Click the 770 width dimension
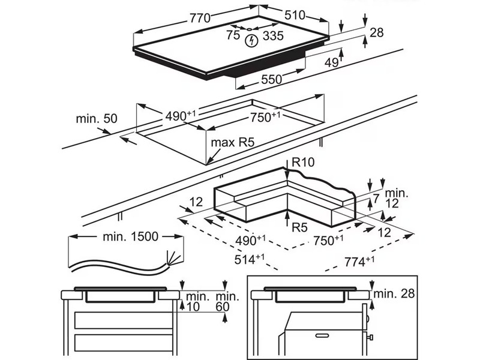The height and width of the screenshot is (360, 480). [x=200, y=18]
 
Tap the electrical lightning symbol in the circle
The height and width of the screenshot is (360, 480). [x=251, y=41]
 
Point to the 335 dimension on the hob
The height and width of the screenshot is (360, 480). [x=274, y=36]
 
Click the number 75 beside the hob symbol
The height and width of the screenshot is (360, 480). [x=233, y=35]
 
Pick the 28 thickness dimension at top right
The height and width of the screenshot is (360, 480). [x=377, y=32]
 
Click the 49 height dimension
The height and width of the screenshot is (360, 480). [x=332, y=63]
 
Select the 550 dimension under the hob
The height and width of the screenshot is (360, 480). [x=272, y=80]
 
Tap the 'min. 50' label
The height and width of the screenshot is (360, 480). [x=97, y=118]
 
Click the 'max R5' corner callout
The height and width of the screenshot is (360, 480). [x=233, y=142]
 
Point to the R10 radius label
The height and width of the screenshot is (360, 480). [x=303, y=162]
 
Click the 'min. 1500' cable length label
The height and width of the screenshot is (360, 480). [x=130, y=236]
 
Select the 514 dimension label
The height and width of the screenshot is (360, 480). [x=250, y=259]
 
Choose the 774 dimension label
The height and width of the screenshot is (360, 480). [x=359, y=262]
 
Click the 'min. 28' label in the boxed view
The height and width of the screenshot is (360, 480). [x=394, y=293]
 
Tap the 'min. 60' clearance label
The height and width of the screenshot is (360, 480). [x=227, y=301]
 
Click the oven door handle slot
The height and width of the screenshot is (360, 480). [x=322, y=335]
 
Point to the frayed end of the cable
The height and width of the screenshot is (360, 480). [x=174, y=258]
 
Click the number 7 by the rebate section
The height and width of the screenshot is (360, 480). [x=376, y=198]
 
